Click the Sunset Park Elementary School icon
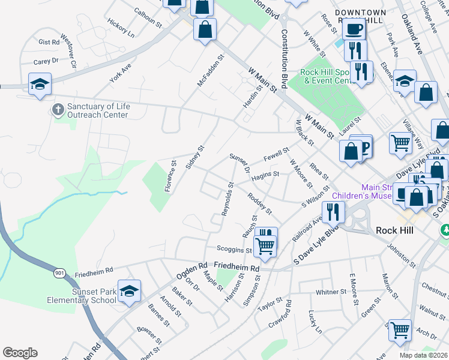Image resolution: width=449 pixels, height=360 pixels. (x=129, y=291)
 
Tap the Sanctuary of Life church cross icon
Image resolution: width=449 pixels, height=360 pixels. (x=58, y=109)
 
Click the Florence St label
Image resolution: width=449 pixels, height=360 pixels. (x=170, y=175)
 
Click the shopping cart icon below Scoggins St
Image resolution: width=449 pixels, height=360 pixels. (x=265, y=245)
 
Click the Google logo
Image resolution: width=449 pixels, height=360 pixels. (x=20, y=353)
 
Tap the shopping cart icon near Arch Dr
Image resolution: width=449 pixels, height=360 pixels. (x=400, y=329)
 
